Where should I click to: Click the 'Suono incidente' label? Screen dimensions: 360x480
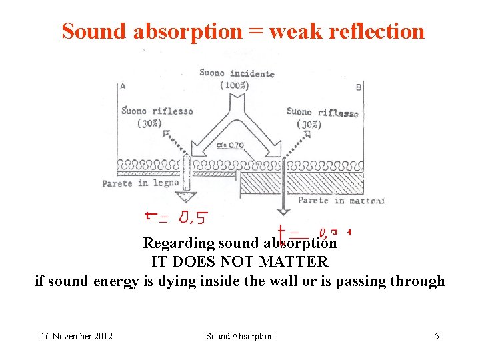[x=237, y=73]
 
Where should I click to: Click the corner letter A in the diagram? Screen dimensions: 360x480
[x=123, y=85]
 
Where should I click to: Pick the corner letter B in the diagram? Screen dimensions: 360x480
[x=359, y=87]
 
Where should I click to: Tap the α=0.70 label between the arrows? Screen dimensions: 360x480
[x=231, y=145]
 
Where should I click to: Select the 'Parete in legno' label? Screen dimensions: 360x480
[x=141, y=183]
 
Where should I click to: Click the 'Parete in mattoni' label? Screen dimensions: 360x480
[x=341, y=200]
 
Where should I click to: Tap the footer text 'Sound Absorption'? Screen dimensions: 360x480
[x=239, y=336]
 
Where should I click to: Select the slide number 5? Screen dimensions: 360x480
[x=437, y=336]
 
